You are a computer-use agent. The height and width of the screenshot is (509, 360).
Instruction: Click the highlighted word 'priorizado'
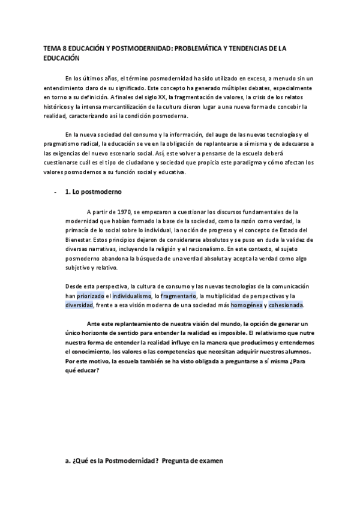91,296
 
